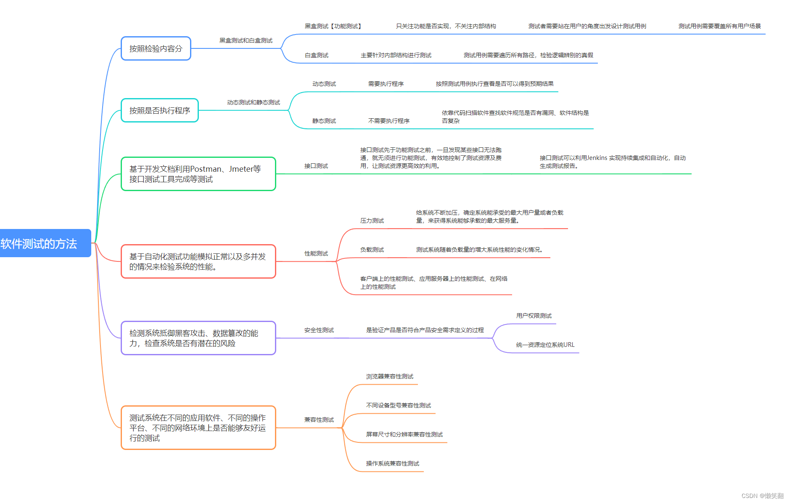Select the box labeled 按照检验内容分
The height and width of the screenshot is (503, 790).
(x=156, y=48)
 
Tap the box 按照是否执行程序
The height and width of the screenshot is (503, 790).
(x=159, y=110)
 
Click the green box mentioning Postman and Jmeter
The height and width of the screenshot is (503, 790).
(x=198, y=174)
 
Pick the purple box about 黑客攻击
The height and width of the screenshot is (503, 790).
(x=198, y=338)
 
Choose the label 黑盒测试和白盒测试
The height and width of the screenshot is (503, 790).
(x=246, y=40)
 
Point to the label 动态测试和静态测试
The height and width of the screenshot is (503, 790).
(x=253, y=102)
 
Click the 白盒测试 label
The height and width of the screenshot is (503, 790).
(x=316, y=55)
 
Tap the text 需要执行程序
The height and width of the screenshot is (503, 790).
(x=386, y=84)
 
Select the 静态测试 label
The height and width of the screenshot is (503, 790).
(x=324, y=121)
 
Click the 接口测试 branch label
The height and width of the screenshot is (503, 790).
(x=316, y=166)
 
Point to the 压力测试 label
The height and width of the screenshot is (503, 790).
(x=372, y=221)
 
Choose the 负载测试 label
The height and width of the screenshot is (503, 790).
(x=372, y=250)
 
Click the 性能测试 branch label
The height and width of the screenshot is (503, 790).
(x=316, y=253)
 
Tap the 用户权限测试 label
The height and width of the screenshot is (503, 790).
(x=534, y=316)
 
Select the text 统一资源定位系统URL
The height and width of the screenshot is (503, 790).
(x=545, y=345)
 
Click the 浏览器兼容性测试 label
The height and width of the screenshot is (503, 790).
(x=389, y=376)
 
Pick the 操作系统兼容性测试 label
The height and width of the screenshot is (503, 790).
(x=392, y=463)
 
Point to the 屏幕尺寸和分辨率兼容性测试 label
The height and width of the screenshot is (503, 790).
(x=404, y=434)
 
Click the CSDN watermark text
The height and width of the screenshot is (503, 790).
(x=762, y=496)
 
